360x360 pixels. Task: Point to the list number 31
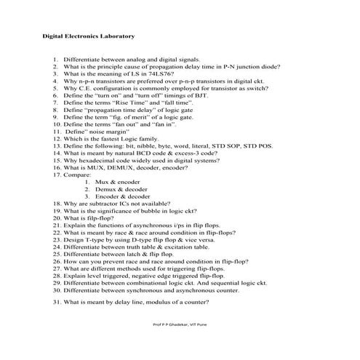click(56, 301)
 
